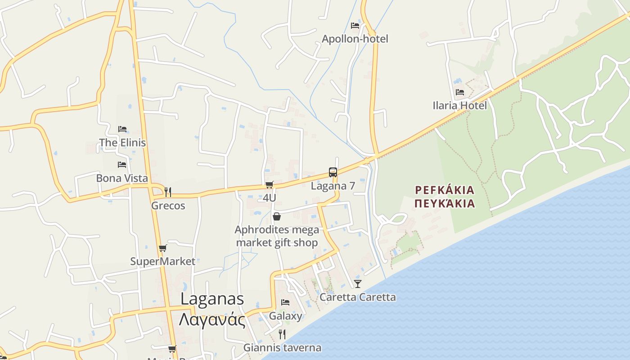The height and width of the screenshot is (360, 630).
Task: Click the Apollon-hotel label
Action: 355,39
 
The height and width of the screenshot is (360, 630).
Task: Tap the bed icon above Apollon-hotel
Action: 355,26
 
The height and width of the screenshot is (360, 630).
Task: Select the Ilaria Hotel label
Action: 459,105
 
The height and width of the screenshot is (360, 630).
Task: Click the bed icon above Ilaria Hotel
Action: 460,92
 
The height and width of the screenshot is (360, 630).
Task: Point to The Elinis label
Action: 122,143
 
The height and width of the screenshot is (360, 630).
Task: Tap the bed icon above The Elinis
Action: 122,129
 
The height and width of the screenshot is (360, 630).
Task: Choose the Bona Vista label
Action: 122,178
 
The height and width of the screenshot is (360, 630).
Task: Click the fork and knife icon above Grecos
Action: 168,192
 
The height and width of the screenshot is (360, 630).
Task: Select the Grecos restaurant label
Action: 168,206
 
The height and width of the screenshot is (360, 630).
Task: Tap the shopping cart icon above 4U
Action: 270,184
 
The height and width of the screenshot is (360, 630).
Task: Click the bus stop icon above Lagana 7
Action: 333,172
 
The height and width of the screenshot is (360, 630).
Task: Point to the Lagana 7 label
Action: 333,185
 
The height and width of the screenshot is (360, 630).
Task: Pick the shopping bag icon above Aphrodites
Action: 277,216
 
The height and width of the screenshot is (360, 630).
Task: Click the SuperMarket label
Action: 163,261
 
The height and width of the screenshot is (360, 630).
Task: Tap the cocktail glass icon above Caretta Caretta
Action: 358,283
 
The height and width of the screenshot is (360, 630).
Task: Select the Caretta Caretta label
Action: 358,297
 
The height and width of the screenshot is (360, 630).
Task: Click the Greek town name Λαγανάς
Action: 212,320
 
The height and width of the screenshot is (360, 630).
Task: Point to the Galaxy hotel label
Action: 285,315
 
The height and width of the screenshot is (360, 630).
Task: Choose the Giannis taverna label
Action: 282,347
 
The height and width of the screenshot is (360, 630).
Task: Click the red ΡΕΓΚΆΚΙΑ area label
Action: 445,189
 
